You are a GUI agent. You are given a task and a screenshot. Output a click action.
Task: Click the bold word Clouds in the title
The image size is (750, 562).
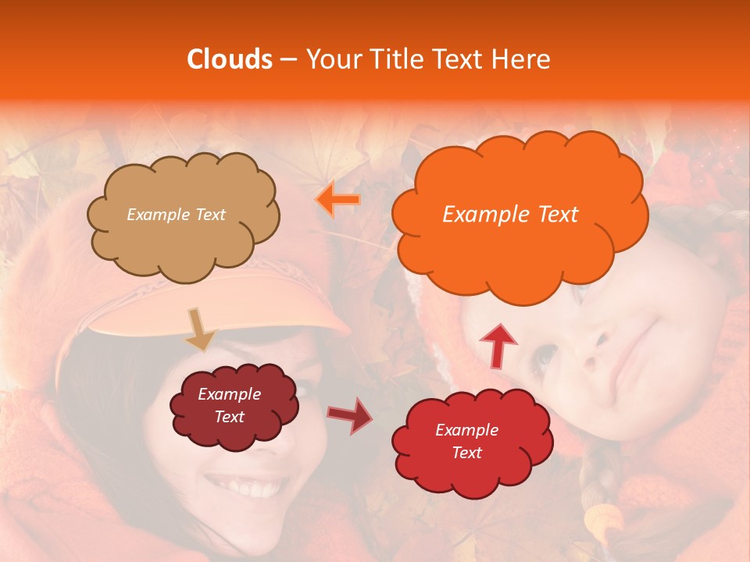pos(230,59)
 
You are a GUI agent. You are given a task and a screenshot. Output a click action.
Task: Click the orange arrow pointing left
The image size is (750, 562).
pos(337,201)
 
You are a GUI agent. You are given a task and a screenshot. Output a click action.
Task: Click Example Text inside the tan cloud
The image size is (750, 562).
pos(176,214)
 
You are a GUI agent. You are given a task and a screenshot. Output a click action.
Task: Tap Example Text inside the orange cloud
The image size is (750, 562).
pos(510,214)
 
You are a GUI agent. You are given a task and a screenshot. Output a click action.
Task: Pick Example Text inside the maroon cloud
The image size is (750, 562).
pos(230,405)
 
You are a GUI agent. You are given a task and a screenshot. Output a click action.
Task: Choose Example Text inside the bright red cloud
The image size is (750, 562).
pos(466,441)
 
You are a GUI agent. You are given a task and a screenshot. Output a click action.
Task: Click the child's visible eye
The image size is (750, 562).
pos(547,355)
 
